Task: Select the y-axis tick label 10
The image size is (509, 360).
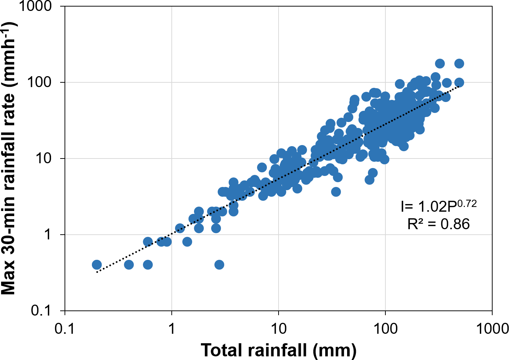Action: coord(45,159)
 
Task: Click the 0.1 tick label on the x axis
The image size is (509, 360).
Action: coord(65,329)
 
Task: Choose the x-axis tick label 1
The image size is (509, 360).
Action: coord(172,329)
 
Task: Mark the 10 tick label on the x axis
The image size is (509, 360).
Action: coord(279,329)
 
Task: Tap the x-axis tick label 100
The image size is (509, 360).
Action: coord(385,329)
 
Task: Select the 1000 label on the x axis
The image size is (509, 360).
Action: coord(492,329)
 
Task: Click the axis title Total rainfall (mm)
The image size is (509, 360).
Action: coord(279,350)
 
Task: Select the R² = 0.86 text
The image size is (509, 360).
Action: coord(438,224)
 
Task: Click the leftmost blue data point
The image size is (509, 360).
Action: coord(97,265)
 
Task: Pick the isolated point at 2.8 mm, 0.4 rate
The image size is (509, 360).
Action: coord(219,265)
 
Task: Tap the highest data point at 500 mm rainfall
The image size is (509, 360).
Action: coord(459,64)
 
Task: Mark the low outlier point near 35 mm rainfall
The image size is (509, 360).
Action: coord(336,192)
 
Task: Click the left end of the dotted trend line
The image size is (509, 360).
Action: coord(97,272)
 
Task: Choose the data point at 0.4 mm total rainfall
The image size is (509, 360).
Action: coord(129,265)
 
